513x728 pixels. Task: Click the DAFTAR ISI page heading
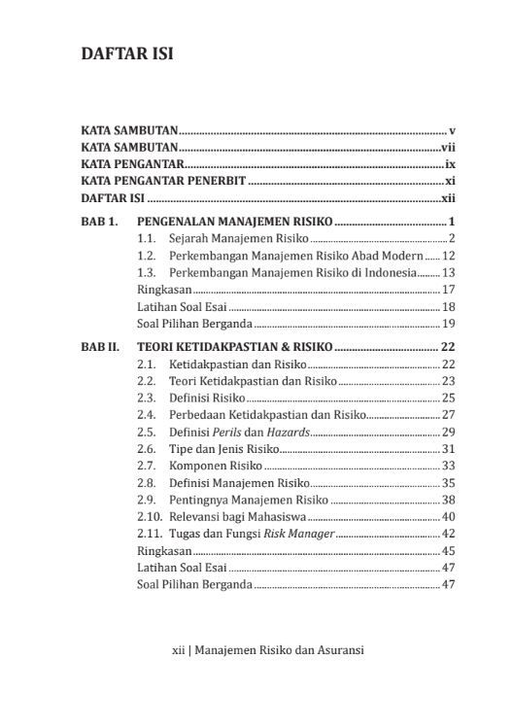pos(127,54)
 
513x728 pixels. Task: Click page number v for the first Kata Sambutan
pos(453,129)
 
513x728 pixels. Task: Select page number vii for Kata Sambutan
pos(449,147)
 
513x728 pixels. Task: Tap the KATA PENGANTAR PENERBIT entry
pos(164,181)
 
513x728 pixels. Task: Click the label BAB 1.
pos(100,221)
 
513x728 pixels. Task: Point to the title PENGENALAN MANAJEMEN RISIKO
pos(235,221)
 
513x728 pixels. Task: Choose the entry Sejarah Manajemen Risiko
pos(239,238)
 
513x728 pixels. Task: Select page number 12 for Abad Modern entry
pos(449,256)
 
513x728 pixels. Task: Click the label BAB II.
pos(102,346)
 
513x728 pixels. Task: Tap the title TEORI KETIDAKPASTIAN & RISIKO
pos(235,346)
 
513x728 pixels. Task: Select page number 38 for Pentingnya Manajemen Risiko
pos(449,500)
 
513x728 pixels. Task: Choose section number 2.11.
pos(150,534)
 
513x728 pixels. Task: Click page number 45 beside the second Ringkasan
pos(449,550)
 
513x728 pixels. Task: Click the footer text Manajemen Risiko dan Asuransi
pos(279,650)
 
